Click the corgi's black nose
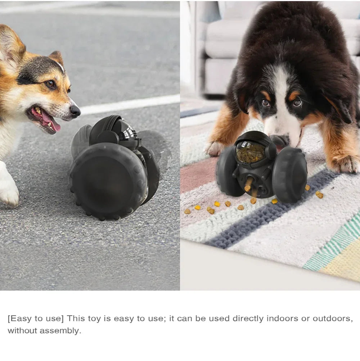click(75, 110)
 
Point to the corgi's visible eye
click(50, 84)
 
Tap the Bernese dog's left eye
click(266, 103)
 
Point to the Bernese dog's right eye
click(297, 103)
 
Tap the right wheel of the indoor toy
click(290, 175)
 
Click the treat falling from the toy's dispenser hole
click(248, 188)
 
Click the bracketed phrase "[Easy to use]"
click(36, 319)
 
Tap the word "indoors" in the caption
click(282, 319)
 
